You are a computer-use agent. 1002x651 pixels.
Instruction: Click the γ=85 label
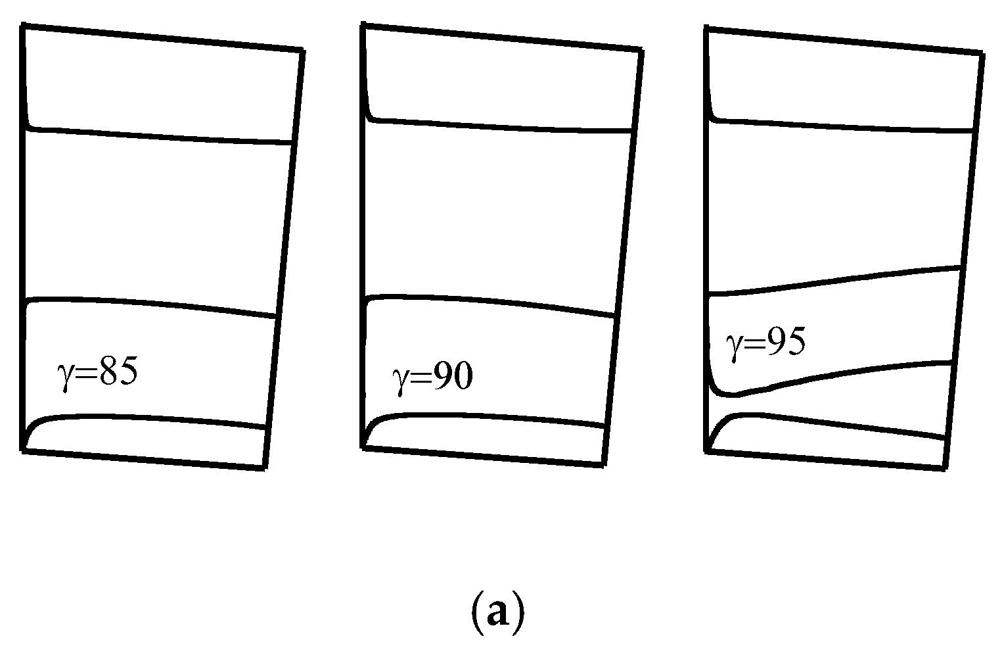(x=98, y=375)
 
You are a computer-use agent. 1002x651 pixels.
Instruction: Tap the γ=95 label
(x=765, y=343)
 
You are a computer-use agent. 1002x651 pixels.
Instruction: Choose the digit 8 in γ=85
(x=108, y=374)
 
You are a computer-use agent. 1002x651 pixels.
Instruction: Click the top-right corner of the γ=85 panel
(x=302, y=50)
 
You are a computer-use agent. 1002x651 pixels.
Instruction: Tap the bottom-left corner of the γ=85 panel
(x=24, y=450)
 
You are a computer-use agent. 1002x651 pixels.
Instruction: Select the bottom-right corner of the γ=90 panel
(x=602, y=466)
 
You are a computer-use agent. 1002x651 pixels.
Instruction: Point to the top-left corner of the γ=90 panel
(x=363, y=26)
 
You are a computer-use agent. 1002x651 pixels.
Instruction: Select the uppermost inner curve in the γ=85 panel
(x=158, y=135)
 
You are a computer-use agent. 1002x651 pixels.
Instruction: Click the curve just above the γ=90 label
(x=486, y=305)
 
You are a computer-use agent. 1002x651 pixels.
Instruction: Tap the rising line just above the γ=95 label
(x=834, y=280)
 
